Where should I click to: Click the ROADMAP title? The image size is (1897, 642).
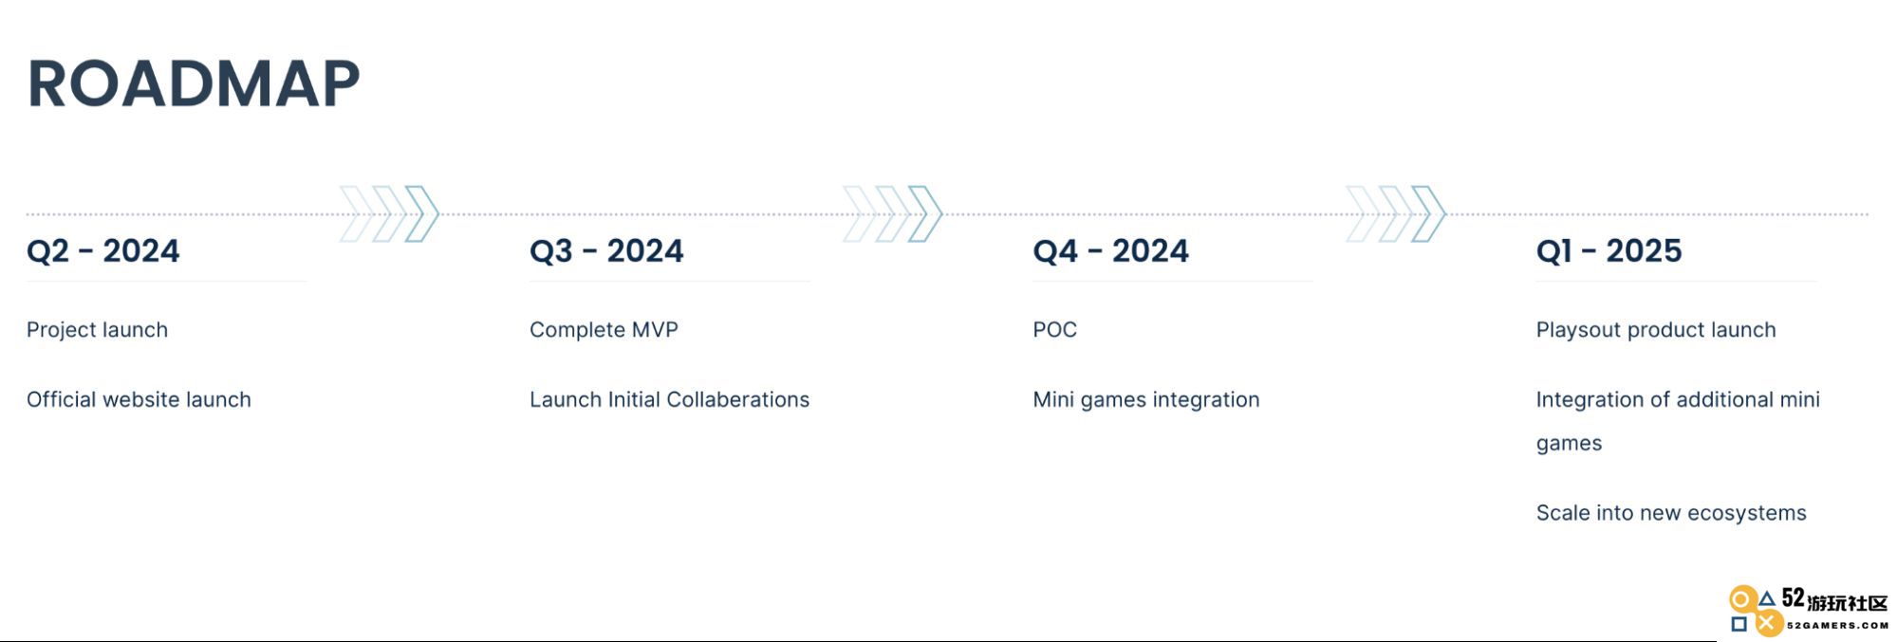coord(194,83)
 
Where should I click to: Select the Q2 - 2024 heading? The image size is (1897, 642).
coord(102,250)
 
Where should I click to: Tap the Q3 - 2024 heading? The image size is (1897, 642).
coord(606,250)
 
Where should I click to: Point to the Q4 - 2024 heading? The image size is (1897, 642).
coord(1110,250)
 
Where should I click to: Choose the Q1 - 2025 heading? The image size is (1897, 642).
coord(1609,250)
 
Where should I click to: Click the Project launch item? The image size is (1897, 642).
coord(97,330)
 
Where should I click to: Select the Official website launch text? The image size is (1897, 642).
coord(139,399)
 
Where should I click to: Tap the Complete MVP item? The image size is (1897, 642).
coord(604,330)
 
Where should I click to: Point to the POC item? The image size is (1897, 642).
coord(1054,330)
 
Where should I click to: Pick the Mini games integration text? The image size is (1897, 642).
coord(1146,400)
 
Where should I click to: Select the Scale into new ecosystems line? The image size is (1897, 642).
coord(1671,513)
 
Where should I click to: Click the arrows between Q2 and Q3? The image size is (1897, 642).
coord(389,213)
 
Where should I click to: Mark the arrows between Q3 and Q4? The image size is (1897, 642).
coord(892,213)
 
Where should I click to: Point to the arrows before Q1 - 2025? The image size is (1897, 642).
coord(1396,213)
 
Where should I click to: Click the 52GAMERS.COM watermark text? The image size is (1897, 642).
coord(1837,625)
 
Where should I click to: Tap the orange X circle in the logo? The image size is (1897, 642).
coord(1767,623)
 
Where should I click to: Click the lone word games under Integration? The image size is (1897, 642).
coord(1569,444)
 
